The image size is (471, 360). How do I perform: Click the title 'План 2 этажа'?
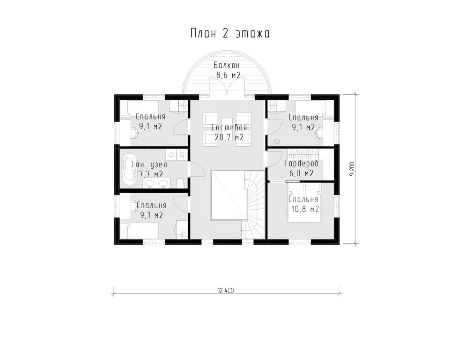[x=230, y=33]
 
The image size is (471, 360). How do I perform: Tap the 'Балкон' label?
[x=227, y=65]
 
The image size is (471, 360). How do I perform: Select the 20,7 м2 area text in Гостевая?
[x=229, y=137]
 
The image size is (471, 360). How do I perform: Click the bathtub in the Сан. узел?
[x=129, y=170]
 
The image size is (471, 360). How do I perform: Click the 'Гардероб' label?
[x=301, y=164]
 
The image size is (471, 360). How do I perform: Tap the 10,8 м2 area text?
[x=305, y=209]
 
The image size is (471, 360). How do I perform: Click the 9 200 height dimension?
[x=353, y=169]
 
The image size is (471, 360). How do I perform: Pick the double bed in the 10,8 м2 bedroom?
[x=304, y=202]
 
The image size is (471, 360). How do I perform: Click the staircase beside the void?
[x=253, y=204]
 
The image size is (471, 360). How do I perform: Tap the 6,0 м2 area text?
[x=301, y=173]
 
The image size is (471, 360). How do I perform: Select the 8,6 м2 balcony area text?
[x=228, y=75]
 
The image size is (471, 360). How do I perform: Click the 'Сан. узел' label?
[x=149, y=165]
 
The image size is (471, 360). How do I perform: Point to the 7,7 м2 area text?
[x=151, y=174]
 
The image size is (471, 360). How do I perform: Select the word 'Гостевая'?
[x=229, y=127]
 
